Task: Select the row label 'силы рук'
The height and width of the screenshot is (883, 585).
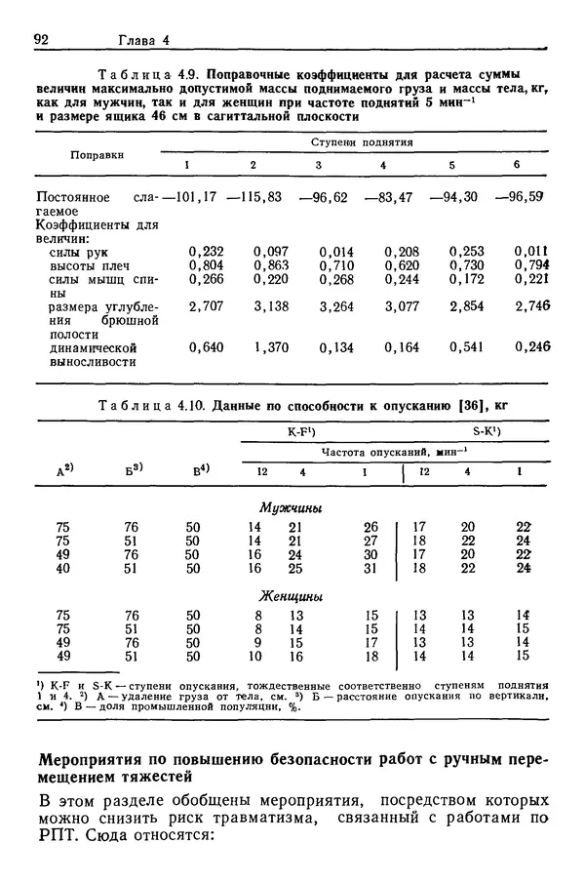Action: point(79,251)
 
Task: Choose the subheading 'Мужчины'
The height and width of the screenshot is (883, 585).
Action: point(291,507)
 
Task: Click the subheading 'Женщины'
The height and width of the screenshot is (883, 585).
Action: point(291,596)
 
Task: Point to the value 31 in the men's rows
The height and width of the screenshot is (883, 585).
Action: point(370,568)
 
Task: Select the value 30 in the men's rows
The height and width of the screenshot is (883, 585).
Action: point(370,554)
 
